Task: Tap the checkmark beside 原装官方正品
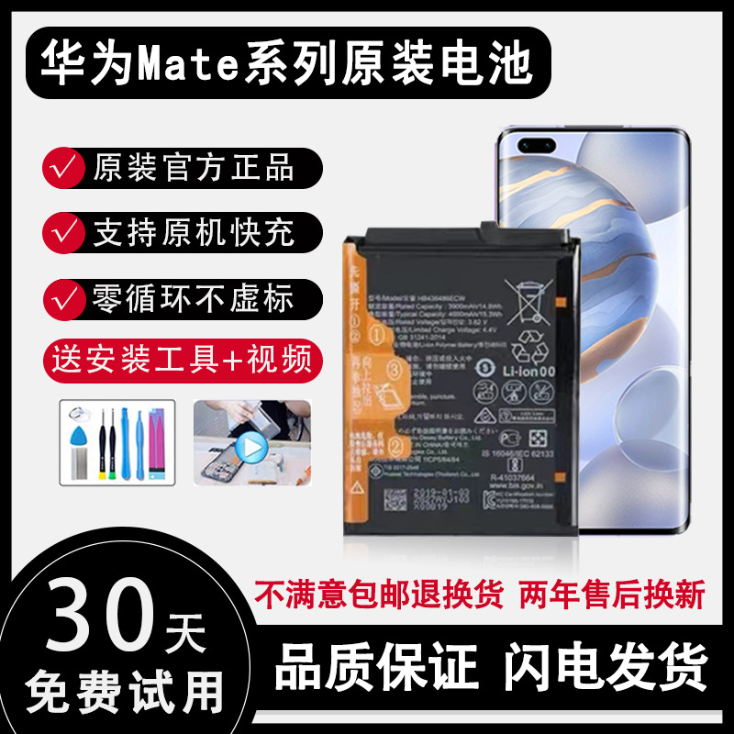(x=63, y=167)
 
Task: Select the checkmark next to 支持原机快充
(x=63, y=232)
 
